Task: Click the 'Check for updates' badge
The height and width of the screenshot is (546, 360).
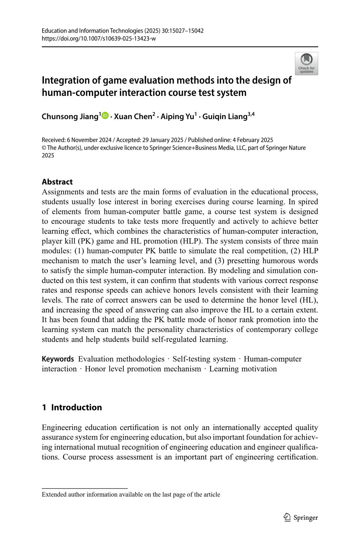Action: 306,64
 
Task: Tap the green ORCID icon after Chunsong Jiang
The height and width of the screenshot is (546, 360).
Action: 105,116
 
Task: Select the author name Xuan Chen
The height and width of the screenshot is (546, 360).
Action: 133,117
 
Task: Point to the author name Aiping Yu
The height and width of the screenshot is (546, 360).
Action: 177,117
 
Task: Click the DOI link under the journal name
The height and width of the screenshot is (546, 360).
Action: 99,38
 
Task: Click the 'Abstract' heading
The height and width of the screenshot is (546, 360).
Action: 57,182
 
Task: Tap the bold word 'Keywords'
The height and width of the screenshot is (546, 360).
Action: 58,359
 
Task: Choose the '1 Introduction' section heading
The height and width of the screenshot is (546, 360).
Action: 72,407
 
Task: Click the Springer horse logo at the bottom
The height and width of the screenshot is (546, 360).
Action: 287,517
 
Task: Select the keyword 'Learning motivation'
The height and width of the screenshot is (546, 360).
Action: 243,369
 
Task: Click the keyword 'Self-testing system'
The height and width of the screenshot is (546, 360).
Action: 204,359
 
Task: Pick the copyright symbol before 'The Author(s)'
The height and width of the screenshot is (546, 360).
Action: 44,148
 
